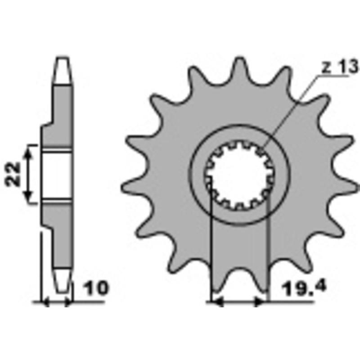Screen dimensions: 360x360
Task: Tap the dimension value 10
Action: [x=95, y=288]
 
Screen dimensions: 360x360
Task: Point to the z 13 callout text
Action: [x=340, y=67]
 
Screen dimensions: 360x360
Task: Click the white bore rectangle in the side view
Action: [x=57, y=175]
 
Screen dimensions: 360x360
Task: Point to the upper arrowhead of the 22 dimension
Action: [x=29, y=151]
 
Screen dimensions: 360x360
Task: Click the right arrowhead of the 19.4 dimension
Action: [x=261, y=302]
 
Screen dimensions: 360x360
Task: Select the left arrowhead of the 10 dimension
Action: [x=45, y=303]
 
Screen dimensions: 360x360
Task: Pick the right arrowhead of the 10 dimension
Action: [x=68, y=303]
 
